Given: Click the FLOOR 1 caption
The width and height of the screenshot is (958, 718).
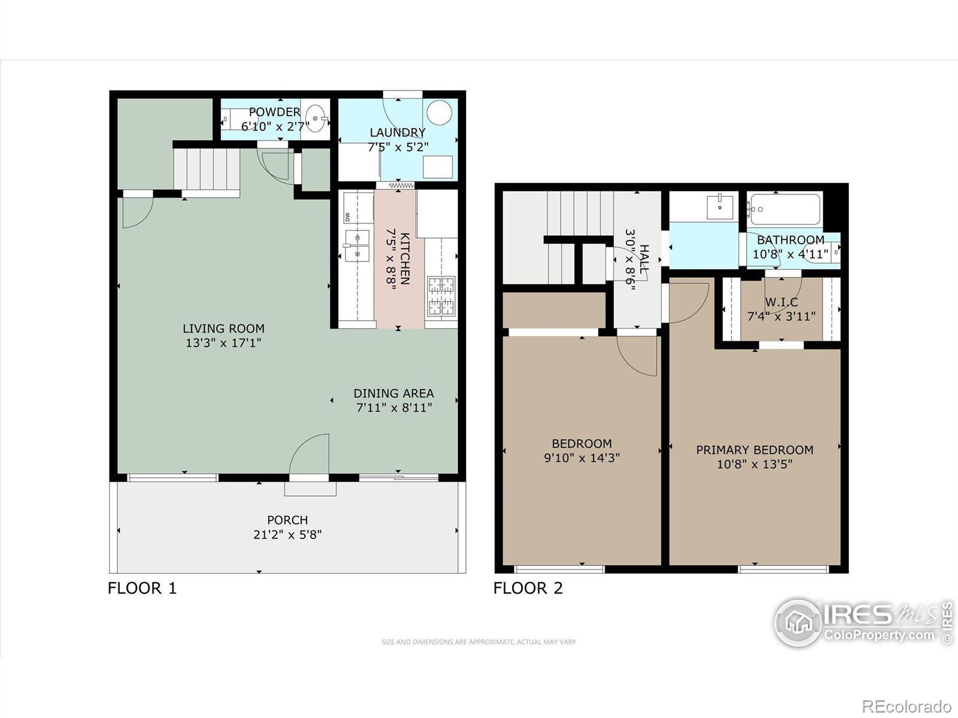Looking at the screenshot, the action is click(x=143, y=588).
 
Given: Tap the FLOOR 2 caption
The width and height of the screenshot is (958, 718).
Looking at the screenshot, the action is click(x=528, y=588).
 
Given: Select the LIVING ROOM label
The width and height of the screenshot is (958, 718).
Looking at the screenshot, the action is click(x=223, y=328).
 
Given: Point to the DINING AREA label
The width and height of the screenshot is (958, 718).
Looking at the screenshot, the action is click(x=393, y=393).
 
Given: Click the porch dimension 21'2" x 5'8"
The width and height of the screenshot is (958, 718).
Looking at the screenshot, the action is click(x=287, y=534).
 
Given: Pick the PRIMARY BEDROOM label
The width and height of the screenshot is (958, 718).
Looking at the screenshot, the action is click(x=754, y=450).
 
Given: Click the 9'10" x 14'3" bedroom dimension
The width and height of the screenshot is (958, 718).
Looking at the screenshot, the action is click(x=582, y=458).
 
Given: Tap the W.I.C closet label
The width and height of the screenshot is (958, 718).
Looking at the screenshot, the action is click(x=781, y=302).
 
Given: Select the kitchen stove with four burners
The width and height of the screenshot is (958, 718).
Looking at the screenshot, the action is click(x=441, y=296).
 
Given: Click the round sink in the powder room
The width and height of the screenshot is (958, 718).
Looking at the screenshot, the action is click(x=316, y=118).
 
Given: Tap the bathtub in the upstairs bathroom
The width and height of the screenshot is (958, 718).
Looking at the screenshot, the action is click(x=784, y=209).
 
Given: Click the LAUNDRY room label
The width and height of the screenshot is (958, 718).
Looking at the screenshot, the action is click(x=398, y=132).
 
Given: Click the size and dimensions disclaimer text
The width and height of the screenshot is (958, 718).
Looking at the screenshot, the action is click(x=479, y=641).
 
